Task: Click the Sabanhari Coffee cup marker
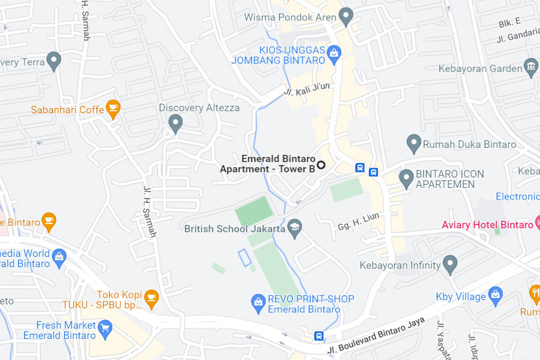point(113,108)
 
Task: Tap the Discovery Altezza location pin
point(175,124)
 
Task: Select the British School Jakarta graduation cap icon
point(294,227)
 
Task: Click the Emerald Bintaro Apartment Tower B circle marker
point(321,165)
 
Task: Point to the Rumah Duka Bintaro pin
point(414,144)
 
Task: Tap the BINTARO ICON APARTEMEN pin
point(406,178)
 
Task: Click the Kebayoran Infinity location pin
point(450,264)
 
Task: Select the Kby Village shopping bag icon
point(495,295)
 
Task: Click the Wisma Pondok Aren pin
point(346,16)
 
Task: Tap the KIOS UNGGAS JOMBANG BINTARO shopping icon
point(334,53)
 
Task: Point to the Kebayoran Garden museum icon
point(531,67)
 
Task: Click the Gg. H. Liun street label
point(359,221)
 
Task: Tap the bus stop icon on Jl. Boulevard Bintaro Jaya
point(319,336)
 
